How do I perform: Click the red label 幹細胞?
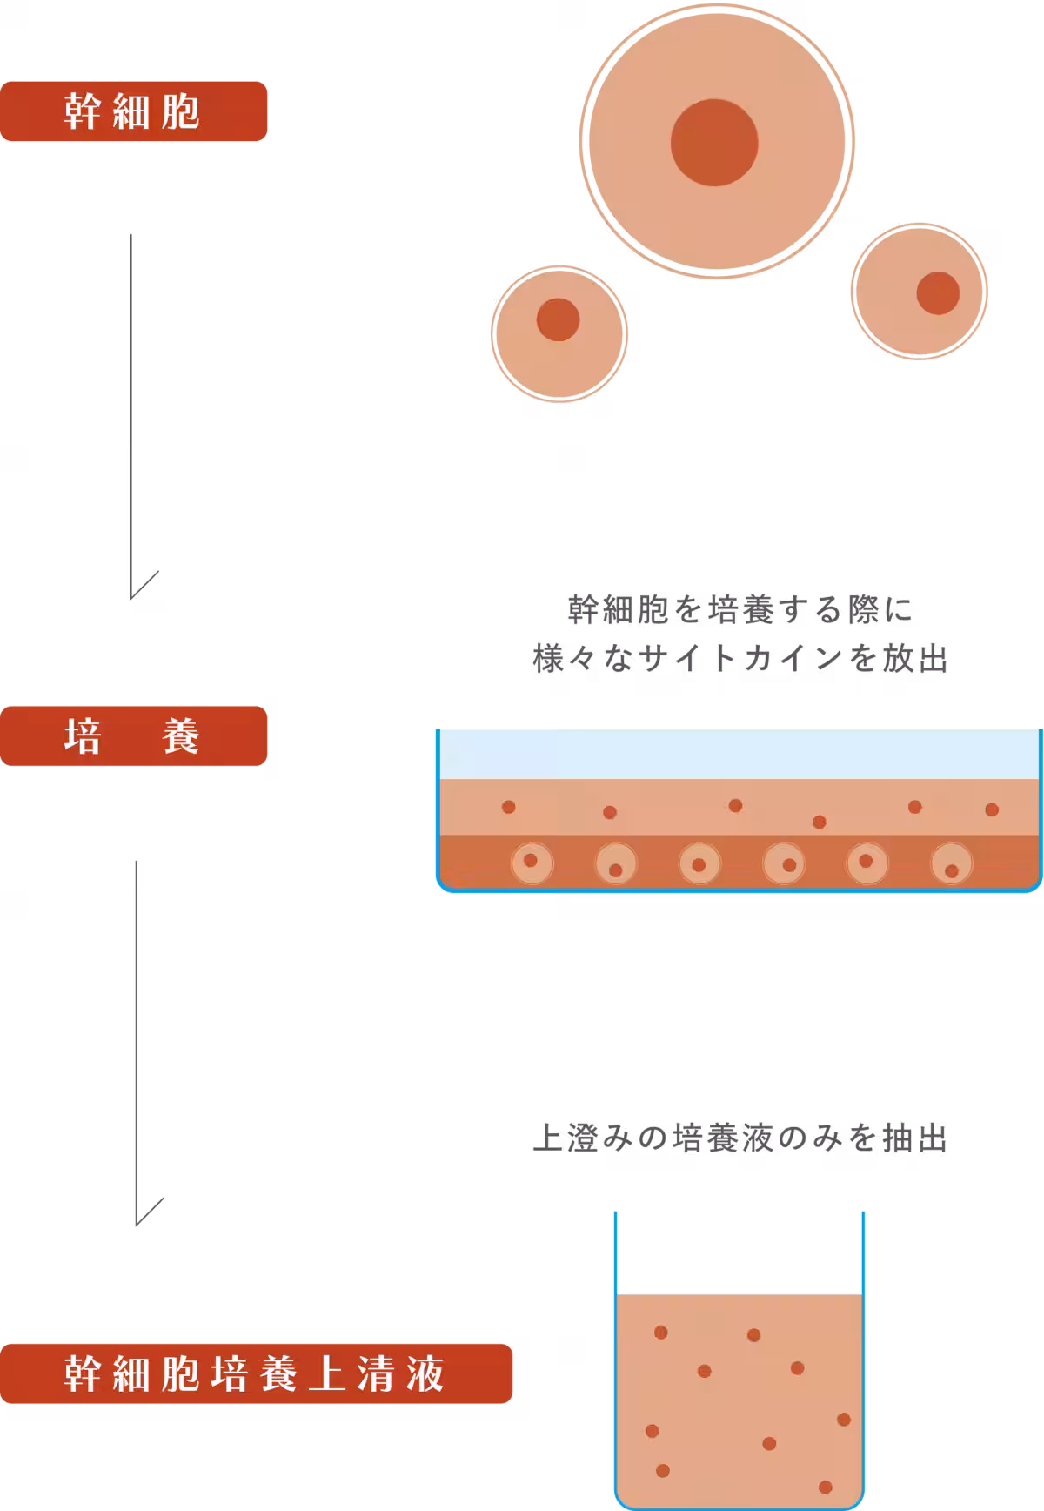pyautogui.click(x=133, y=111)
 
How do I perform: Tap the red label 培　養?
pyautogui.click(x=133, y=736)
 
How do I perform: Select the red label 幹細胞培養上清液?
pyautogui.click(x=256, y=1373)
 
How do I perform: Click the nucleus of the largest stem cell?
pyautogui.click(x=714, y=143)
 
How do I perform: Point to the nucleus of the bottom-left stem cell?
pyautogui.click(x=558, y=319)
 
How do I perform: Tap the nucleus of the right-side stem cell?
pyautogui.click(x=938, y=293)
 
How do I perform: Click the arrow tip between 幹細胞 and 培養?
pyautogui.click(x=132, y=596)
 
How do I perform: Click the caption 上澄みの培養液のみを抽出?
pyautogui.click(x=739, y=1139)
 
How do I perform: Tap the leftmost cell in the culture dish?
pyautogui.click(x=531, y=863)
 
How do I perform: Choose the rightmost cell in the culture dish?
pyautogui.click(x=952, y=864)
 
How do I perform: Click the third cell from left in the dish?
pyautogui.click(x=699, y=864)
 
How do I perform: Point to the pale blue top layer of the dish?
pyautogui.click(x=739, y=754)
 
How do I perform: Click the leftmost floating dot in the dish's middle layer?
pyautogui.click(x=509, y=807)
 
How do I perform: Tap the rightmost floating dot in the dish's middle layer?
pyautogui.click(x=992, y=809)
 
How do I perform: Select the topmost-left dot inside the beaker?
pyautogui.click(x=661, y=1332)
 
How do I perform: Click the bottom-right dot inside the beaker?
pyautogui.click(x=826, y=1487)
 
